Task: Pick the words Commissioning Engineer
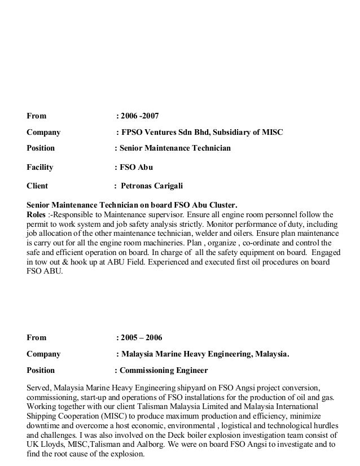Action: (164, 371)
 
